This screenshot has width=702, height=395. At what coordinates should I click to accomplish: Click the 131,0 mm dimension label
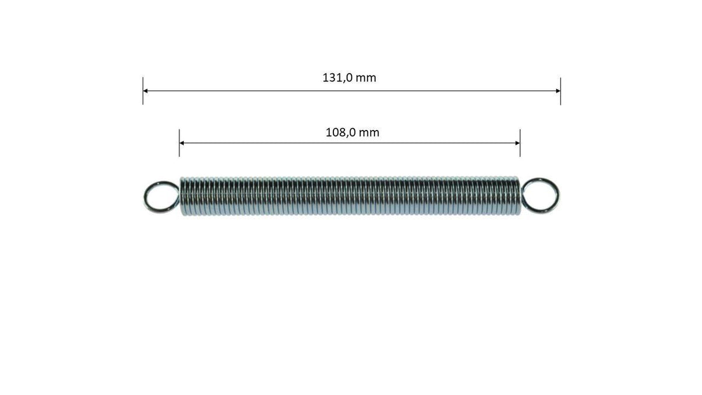pos(349,78)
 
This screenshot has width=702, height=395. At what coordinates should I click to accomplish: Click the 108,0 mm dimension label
pos(352,133)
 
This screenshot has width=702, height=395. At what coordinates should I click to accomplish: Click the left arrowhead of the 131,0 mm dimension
pos(145,91)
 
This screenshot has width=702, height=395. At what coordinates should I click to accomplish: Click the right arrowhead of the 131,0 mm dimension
pos(558,91)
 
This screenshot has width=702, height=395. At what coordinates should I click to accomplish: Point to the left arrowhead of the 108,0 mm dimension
pos(181,143)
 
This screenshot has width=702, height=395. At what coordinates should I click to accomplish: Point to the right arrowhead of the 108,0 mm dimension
pos(518,143)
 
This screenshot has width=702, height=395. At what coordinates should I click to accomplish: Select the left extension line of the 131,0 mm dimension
pos(143,91)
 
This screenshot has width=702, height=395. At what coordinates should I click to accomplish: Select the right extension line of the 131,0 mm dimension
pos(560,91)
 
